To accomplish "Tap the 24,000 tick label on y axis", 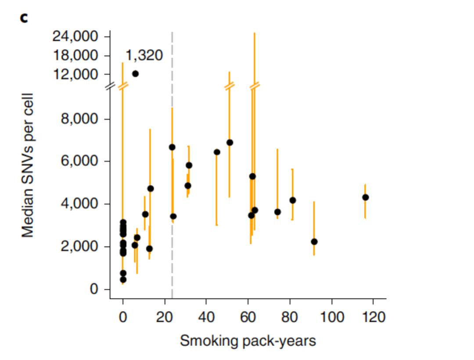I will tap(75, 36).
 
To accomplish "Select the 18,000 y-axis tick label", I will tap(75, 55).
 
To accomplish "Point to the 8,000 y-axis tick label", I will tap(79, 119).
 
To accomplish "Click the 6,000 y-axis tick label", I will tap(79, 162).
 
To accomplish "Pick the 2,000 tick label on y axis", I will tap(79, 247).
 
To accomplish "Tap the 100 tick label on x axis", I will tap(331, 317).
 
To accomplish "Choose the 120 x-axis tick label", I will tap(373, 317).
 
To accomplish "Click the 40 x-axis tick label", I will tap(206, 317).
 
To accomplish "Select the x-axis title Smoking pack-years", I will tap(248, 341).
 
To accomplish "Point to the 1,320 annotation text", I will tap(144, 56).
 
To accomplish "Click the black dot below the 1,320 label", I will tap(135, 74).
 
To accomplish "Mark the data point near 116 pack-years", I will tap(365, 198).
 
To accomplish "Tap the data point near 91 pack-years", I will tap(314, 241).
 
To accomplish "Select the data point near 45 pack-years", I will tap(217, 152).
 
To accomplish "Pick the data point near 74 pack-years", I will tap(277, 212).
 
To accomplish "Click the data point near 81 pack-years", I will tap(293, 200).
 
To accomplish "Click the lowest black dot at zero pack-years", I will tap(123, 280).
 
